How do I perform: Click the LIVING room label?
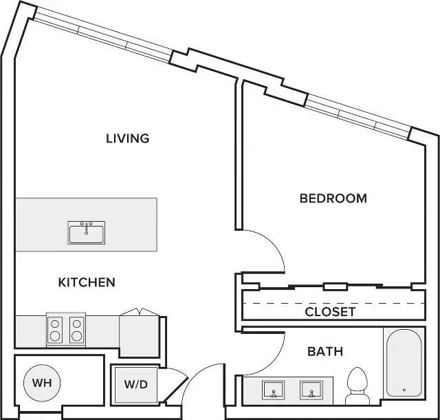(x=128, y=138)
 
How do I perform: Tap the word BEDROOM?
(x=333, y=198)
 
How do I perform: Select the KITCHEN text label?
(x=87, y=282)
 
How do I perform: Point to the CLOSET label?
(x=330, y=312)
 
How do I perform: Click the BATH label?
(x=325, y=352)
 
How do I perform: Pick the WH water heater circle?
(x=42, y=383)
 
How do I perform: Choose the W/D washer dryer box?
(x=136, y=384)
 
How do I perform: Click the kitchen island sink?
(x=87, y=233)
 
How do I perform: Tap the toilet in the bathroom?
(x=357, y=386)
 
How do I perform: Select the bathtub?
(x=404, y=363)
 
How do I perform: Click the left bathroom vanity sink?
(x=274, y=390)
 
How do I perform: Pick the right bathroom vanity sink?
(x=311, y=390)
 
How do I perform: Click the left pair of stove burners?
(x=55, y=330)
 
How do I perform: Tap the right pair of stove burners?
(x=76, y=330)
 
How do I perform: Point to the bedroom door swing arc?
(x=273, y=242)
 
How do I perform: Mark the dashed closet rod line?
(x=333, y=304)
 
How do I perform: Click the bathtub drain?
(x=404, y=390)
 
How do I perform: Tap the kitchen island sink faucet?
(x=87, y=228)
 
